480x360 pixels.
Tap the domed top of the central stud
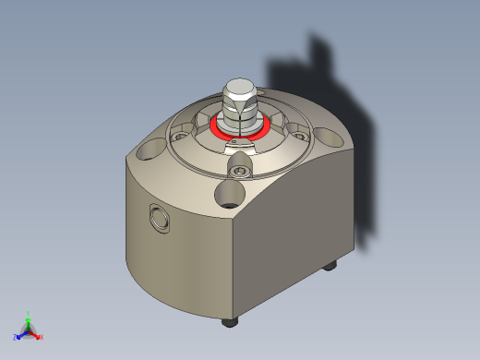tap(240, 86)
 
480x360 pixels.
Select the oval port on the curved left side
tap(160, 218)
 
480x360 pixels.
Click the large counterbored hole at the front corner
tap(229, 194)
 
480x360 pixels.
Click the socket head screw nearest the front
tap(241, 171)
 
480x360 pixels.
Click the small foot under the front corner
tap(230, 322)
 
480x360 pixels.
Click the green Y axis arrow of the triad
tap(29, 316)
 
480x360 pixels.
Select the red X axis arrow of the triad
tap(40, 336)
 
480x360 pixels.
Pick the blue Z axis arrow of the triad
tap(18, 334)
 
